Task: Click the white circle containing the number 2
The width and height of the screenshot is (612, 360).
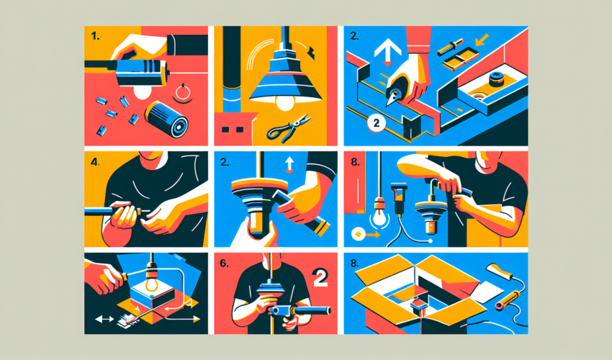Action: click(x=375, y=124)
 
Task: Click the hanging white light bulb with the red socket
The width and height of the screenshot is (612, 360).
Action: click(x=374, y=215)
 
